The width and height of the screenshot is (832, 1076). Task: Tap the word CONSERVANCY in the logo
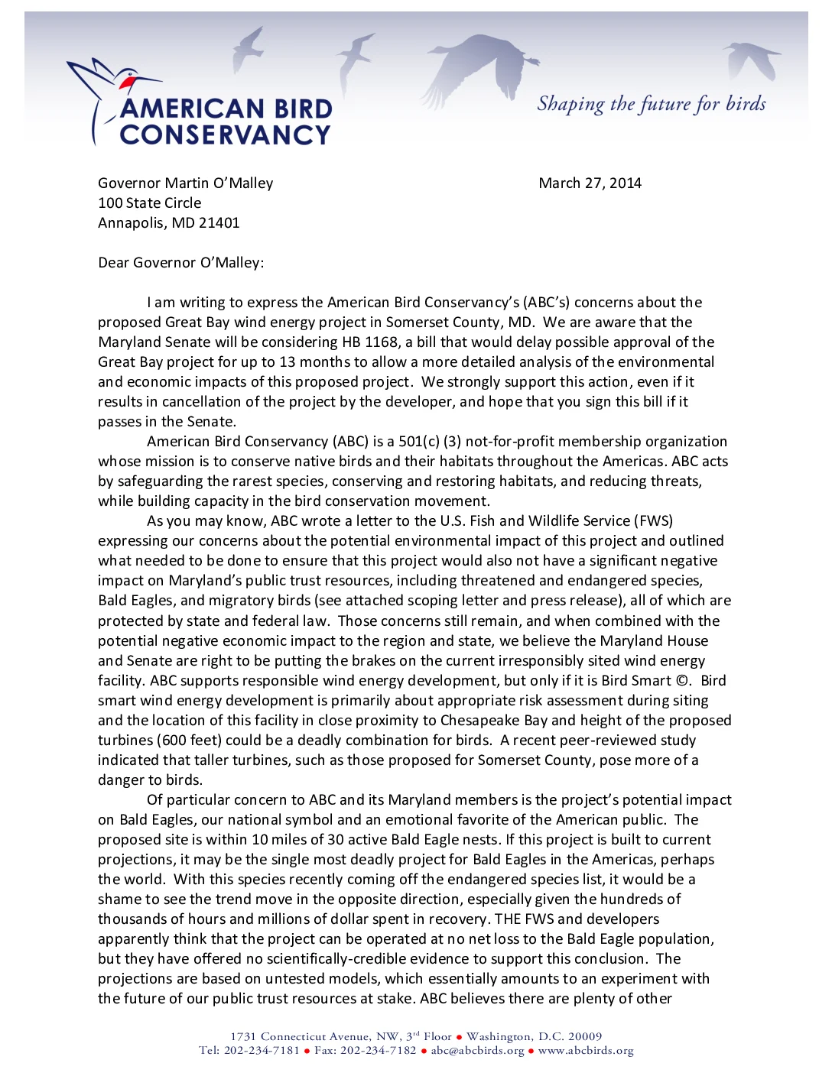click(x=225, y=134)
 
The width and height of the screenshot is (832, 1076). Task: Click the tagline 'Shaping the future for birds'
click(x=651, y=103)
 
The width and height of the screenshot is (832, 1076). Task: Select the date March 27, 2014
click(x=590, y=183)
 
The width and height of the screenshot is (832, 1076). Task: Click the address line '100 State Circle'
click(x=150, y=203)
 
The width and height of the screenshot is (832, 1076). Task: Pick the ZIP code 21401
click(x=219, y=222)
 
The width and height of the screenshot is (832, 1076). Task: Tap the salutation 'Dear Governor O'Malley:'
click(x=180, y=262)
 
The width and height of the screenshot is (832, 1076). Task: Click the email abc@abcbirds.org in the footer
click(x=477, y=1050)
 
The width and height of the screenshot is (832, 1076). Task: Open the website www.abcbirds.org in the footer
click(x=586, y=1050)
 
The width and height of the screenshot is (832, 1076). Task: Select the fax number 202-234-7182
click(x=378, y=1050)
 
